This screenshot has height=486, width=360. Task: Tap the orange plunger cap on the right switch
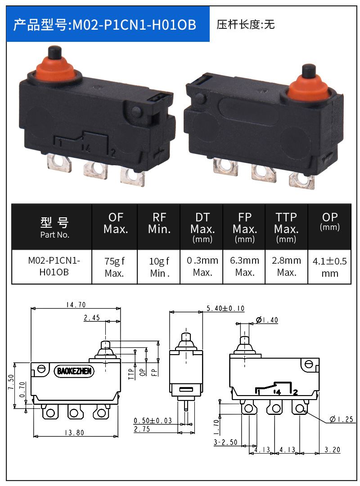click(308, 87)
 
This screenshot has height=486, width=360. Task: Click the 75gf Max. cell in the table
click(114, 267)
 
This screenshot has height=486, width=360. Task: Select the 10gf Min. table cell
click(159, 267)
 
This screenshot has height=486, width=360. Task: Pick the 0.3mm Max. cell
click(202, 267)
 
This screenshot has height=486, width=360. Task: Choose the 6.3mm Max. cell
click(244, 267)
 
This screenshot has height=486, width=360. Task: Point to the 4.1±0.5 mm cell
click(329, 267)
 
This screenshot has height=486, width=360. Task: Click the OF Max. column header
click(115, 223)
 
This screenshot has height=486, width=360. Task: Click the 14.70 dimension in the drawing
click(76, 305)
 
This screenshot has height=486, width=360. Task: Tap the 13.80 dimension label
click(75, 432)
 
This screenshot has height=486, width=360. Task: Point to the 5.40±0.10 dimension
click(225, 308)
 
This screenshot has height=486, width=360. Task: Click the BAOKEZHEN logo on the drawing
click(74, 371)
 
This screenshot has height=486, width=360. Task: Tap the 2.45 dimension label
click(92, 318)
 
